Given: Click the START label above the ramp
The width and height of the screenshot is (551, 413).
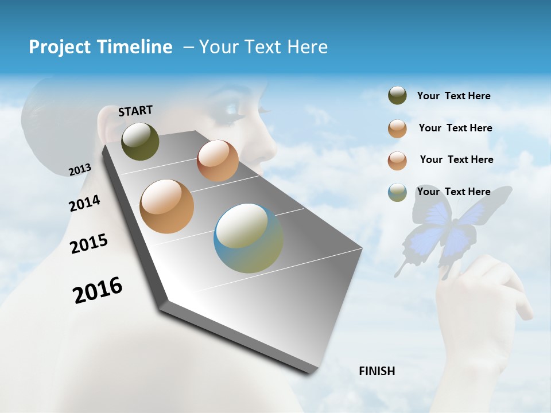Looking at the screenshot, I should click(135, 111).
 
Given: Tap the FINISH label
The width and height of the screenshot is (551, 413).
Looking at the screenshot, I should click(377, 371).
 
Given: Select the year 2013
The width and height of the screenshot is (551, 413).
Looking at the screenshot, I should click(80, 170).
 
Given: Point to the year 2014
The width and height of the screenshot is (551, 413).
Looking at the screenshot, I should click(84, 204).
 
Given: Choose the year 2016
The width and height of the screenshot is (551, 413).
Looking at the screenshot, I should click(98, 290).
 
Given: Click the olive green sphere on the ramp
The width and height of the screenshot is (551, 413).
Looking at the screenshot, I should click(140, 142).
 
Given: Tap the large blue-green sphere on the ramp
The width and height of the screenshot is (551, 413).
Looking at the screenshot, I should click(249, 238).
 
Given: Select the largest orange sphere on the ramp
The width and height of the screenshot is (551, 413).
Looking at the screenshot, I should click(167, 206).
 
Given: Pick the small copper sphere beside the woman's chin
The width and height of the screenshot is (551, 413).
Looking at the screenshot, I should click(218, 161).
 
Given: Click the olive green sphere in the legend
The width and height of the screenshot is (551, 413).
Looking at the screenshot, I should click(397, 96).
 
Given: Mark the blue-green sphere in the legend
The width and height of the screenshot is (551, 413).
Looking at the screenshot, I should click(397, 192).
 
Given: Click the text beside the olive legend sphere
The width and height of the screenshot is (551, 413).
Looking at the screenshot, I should click(453, 96).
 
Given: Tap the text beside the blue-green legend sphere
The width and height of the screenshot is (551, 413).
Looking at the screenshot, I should click(453, 192).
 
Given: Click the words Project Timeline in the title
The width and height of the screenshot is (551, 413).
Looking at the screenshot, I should click(100, 47).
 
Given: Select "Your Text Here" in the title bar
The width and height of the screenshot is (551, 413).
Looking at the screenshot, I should click(263, 47).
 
